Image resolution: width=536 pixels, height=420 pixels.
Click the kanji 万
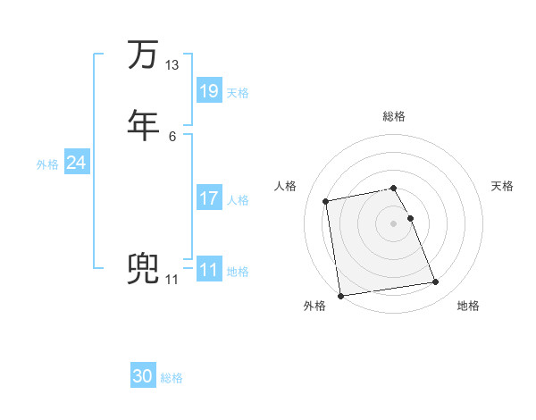(141, 55)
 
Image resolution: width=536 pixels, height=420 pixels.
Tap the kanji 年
(141, 125)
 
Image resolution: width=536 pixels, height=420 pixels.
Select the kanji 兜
(141, 270)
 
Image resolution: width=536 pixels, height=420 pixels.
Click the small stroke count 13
(172, 65)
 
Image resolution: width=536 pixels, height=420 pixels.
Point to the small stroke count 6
(172, 136)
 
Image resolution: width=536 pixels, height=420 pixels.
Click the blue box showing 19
(209, 91)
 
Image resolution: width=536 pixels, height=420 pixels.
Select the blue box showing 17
(209, 198)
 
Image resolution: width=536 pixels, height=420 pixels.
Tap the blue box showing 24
(77, 163)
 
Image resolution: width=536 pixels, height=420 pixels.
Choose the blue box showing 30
(143, 377)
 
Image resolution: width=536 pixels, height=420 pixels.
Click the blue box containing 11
(209, 270)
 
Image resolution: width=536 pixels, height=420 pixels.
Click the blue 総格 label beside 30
(172, 378)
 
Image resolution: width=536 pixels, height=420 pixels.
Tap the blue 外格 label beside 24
(47, 164)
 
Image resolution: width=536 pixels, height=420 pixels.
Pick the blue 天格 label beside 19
(238, 92)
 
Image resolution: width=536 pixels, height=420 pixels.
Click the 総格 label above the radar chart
(394, 116)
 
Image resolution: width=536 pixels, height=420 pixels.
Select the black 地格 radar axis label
(468, 307)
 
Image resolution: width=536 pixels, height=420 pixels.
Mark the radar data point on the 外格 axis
(339, 295)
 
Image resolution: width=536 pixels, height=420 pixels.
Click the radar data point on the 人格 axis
(326, 201)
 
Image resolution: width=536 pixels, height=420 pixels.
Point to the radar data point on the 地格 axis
(435, 282)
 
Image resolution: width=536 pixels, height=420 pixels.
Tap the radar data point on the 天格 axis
(410, 218)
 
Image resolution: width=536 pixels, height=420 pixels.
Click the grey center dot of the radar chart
(394, 223)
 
